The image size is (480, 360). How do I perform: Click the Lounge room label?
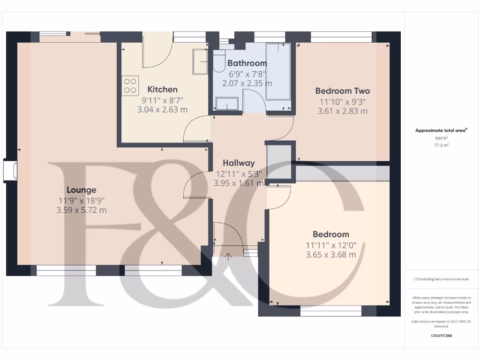82,190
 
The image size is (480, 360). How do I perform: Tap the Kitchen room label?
163,89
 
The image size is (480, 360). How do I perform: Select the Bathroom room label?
247,63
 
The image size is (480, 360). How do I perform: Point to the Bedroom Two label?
342,91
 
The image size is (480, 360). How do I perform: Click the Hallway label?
239,163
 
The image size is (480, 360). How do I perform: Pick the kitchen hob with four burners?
130,85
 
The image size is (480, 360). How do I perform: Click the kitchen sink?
200,61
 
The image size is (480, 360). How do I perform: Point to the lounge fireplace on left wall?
10,170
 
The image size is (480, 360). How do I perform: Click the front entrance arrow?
228,256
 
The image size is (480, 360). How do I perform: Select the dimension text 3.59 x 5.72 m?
82,210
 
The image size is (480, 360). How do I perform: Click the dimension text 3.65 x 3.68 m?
330,255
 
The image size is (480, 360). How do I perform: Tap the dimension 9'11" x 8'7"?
163,99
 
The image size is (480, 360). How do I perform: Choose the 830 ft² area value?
442,139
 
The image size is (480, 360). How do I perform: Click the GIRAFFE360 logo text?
442,336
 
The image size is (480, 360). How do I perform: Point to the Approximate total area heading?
442,131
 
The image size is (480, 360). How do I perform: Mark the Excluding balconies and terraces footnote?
442,279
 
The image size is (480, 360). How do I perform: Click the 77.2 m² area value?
442,146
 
